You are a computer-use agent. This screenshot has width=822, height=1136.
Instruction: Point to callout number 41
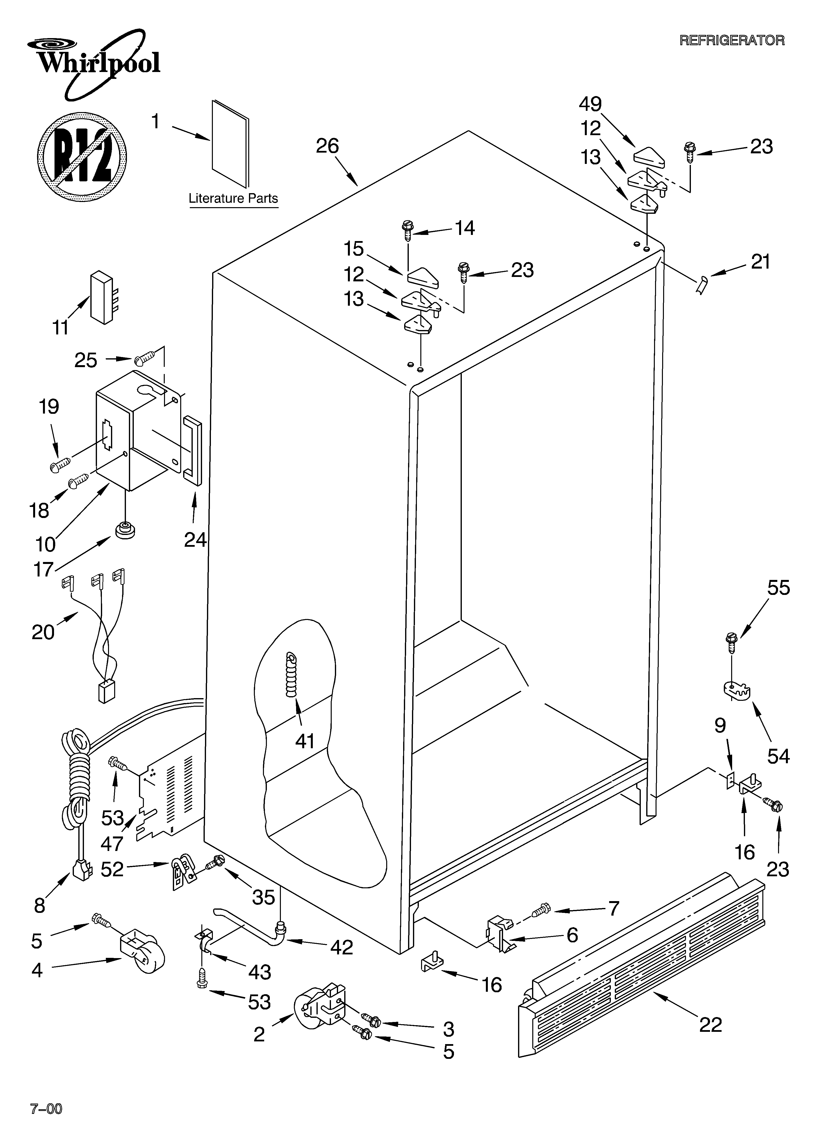pos(304,741)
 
